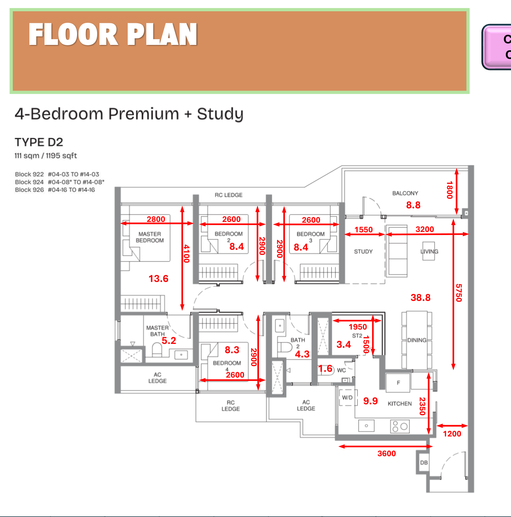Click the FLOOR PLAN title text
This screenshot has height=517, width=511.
(113, 35)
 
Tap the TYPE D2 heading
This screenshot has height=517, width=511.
(39, 142)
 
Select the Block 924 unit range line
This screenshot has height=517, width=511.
(60, 182)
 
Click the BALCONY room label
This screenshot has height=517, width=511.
(405, 193)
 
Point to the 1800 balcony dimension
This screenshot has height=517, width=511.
(449, 190)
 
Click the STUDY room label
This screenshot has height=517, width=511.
(363, 252)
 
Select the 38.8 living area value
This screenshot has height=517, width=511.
(420, 297)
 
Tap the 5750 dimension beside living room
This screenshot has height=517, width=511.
(459, 293)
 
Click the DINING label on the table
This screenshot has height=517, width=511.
(417, 340)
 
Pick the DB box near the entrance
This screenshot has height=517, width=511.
(424, 462)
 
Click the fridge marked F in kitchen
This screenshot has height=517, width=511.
(398, 383)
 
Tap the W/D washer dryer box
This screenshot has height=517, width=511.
(347, 398)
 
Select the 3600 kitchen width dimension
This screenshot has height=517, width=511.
(386, 453)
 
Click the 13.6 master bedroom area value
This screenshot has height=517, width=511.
(158, 278)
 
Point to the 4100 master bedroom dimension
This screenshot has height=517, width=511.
(186, 254)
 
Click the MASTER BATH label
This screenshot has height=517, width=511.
(157, 331)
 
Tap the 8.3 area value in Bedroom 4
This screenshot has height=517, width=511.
(232, 350)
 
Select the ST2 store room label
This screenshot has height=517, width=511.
(357, 336)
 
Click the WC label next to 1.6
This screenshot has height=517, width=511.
(341, 370)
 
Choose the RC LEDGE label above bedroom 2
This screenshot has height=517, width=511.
(228, 195)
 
